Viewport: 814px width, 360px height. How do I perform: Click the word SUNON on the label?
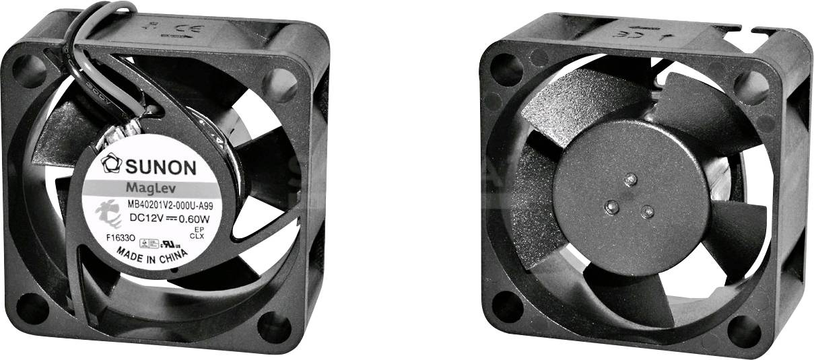(158, 166)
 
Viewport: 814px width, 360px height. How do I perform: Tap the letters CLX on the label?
(197, 237)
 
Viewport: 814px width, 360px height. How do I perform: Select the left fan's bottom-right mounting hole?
(273, 327)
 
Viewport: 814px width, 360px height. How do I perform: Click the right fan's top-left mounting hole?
(506, 69)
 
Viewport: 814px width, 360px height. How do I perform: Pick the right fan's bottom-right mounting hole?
(744, 330)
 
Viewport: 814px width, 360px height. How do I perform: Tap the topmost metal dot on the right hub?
(630, 180)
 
